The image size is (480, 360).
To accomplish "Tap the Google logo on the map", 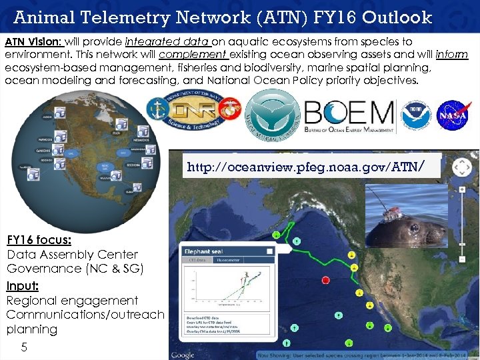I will [183, 355].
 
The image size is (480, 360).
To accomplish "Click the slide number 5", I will [24, 347].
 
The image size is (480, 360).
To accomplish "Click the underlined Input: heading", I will [23, 285].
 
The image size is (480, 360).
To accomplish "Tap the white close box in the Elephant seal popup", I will [269, 251].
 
